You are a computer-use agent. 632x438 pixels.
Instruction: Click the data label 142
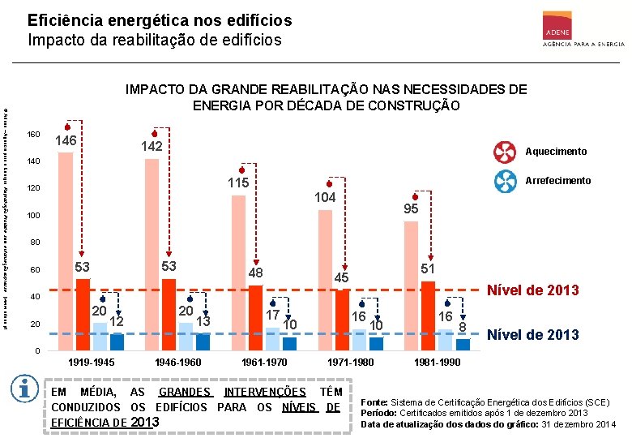152,146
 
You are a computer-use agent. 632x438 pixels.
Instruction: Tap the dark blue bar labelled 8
463,345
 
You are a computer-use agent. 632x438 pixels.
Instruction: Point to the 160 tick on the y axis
33,134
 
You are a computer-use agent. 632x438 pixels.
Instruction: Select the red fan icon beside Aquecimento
503,152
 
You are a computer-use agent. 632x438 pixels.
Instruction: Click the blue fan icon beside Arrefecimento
503,180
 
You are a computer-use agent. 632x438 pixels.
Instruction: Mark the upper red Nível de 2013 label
531,290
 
